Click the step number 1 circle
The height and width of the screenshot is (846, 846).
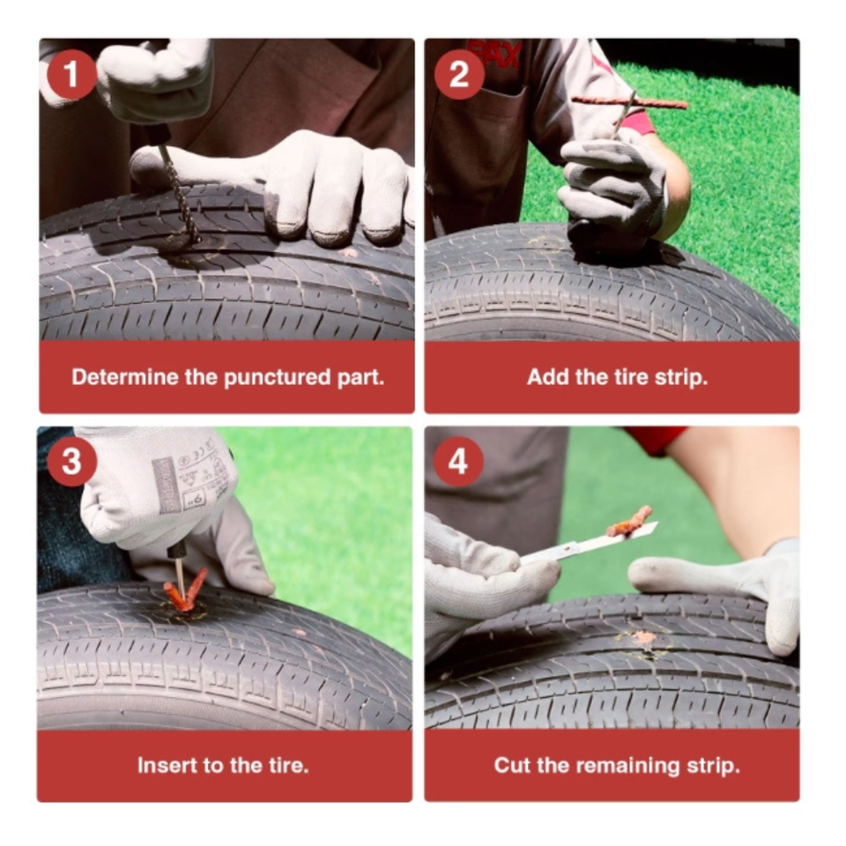[71, 74]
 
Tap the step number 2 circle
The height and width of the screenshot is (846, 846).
[458, 74]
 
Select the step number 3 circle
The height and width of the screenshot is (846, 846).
[71, 462]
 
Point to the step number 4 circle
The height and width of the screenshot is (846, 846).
[458, 462]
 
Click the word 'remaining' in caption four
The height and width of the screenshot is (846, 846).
[627, 766]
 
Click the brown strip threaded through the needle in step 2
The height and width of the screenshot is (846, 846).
[629, 101]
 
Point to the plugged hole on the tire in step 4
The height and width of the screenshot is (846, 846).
[643, 638]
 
